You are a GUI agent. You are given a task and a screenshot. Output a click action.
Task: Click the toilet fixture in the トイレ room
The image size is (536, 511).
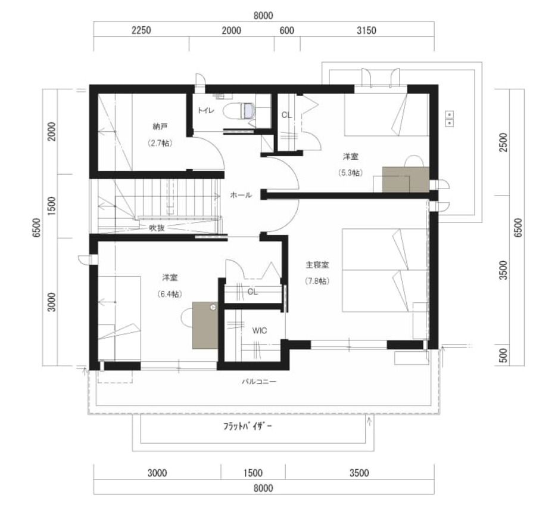[x=239, y=111]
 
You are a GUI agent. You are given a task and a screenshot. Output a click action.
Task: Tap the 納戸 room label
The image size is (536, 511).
[x=160, y=126]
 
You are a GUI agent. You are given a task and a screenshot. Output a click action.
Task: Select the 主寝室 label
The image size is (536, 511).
[x=317, y=265]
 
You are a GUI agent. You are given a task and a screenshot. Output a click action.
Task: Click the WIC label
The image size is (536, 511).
[x=260, y=330]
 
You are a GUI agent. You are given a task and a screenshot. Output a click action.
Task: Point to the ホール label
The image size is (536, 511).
[x=241, y=195]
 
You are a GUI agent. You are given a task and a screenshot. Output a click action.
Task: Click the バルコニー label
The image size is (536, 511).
[x=259, y=381]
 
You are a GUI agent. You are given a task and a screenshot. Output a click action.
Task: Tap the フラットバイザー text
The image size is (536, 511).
[x=248, y=426]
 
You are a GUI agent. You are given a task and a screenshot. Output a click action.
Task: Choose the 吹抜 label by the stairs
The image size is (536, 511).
[x=157, y=228]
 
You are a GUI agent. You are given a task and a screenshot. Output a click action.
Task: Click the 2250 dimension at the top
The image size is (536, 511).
[x=141, y=30]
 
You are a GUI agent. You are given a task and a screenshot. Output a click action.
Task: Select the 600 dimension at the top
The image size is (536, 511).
[x=287, y=30]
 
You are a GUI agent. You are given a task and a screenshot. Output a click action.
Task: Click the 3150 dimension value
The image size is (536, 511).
[x=366, y=30]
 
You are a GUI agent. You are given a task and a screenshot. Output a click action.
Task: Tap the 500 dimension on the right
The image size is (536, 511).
[x=503, y=356]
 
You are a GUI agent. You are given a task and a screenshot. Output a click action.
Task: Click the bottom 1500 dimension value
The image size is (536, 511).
[x=253, y=473]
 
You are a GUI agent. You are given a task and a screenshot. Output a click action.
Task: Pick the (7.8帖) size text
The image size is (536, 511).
[x=317, y=281]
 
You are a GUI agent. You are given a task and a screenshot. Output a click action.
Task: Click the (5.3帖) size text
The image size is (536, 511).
[x=351, y=173]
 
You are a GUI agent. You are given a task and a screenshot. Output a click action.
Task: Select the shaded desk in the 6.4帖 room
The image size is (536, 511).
[x=205, y=325]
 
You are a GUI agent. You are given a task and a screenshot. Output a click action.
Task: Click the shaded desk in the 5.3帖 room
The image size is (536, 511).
[x=406, y=179]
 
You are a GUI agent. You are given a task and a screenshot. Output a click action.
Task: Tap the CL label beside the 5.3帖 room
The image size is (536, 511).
[x=286, y=115]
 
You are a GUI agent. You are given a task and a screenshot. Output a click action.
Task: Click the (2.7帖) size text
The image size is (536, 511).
[x=160, y=143]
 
